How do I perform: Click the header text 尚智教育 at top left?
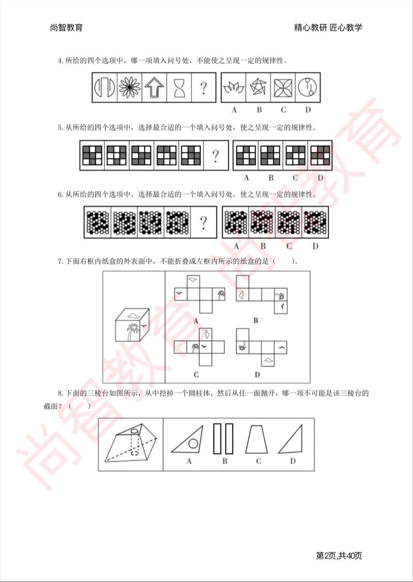click(x=63, y=27)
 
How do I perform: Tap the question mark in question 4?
click(x=204, y=88)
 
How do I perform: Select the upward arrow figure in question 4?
click(x=154, y=88)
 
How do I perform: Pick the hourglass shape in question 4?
click(x=179, y=88)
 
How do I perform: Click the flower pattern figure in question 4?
click(x=129, y=88)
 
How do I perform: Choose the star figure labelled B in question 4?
click(x=259, y=88)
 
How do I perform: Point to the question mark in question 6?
click(x=203, y=223)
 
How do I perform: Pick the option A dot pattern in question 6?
click(x=236, y=223)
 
